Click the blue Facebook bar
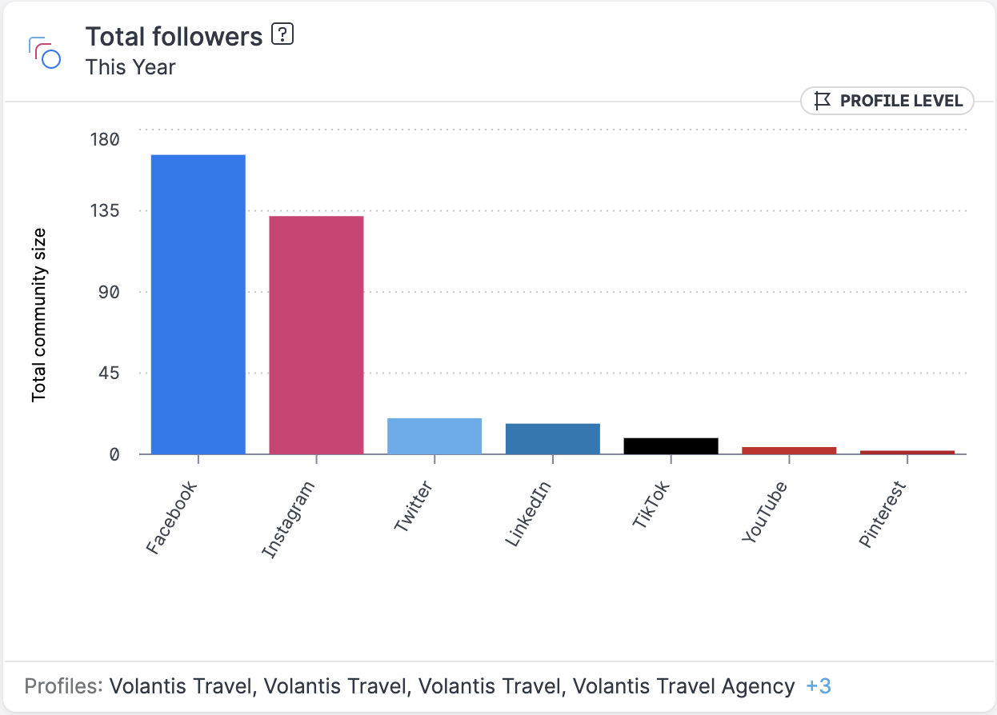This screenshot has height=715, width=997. click(x=198, y=304)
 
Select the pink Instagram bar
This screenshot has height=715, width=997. click(x=316, y=334)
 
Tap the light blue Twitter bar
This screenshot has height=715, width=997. click(x=434, y=436)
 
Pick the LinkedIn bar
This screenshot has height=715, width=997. click(x=553, y=438)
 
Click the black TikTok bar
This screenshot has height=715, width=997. click(x=671, y=445)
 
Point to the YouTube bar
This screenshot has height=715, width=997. click(x=789, y=450)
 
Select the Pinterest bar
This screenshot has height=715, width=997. click(x=907, y=452)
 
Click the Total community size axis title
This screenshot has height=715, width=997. click(x=39, y=315)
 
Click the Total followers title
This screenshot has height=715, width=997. click(x=174, y=37)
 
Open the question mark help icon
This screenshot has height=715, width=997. click(x=282, y=35)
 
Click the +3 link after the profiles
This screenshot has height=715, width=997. click(x=819, y=686)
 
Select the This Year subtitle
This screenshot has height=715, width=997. click(x=130, y=67)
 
